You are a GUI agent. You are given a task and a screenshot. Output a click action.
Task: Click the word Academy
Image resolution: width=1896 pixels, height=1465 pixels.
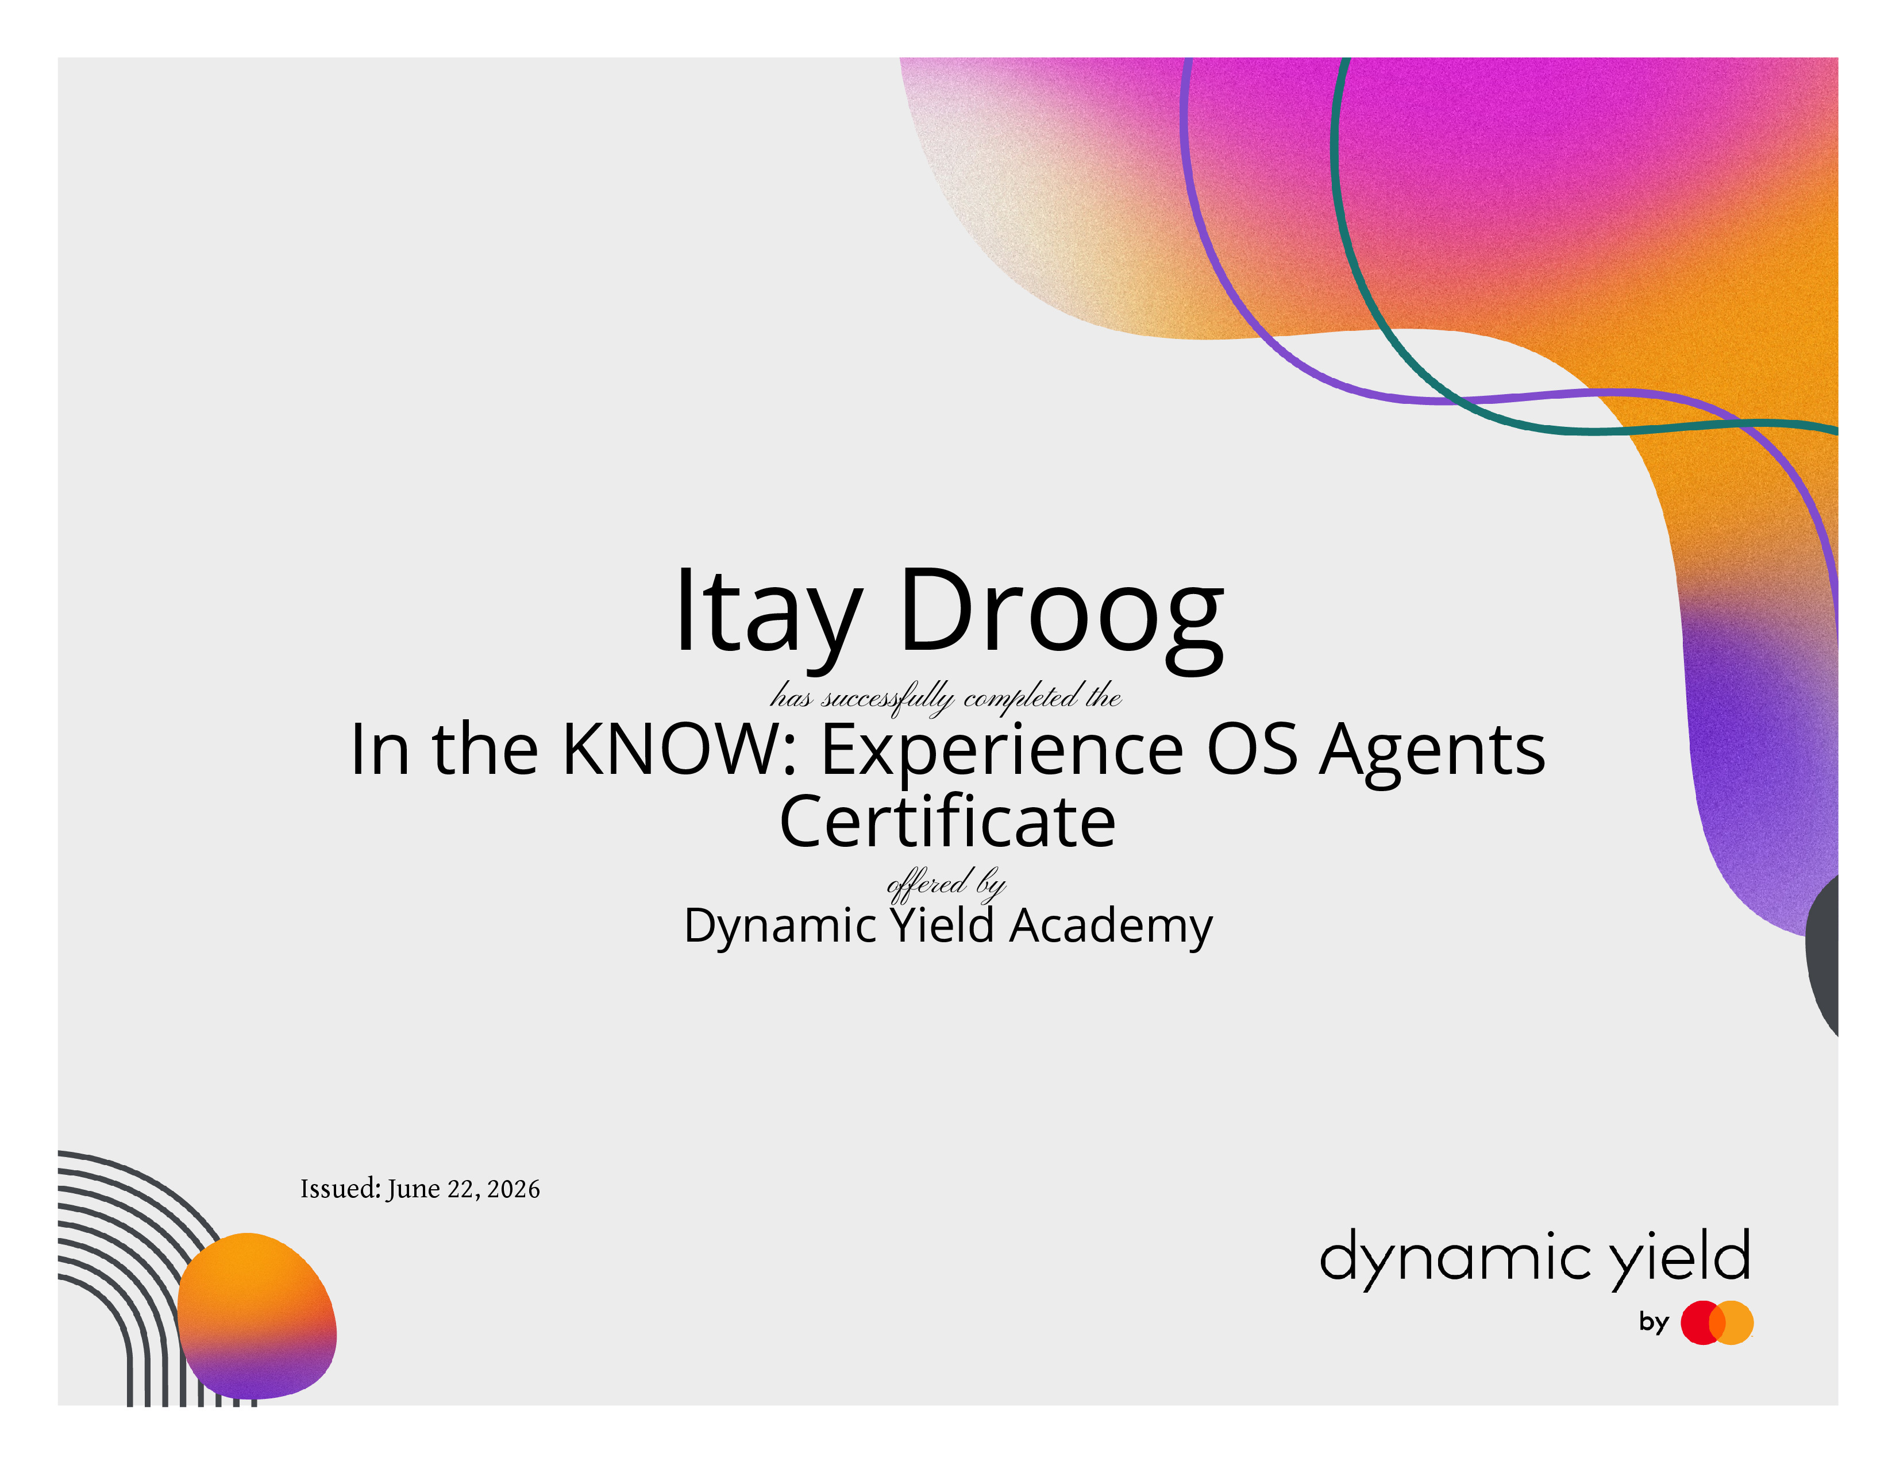coord(1111,927)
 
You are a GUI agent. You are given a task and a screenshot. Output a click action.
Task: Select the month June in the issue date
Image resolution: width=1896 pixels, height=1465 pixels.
coord(414,1189)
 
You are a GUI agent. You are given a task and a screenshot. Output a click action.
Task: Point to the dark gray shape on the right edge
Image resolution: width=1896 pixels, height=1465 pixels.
coord(1823,955)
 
